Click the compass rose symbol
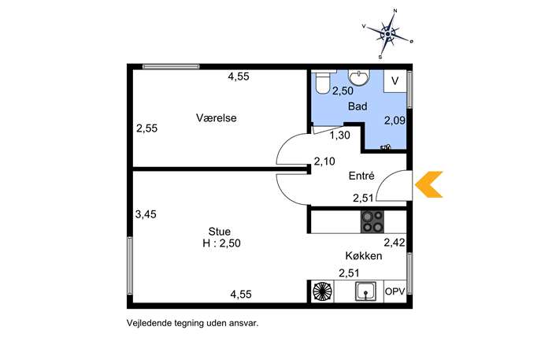387,34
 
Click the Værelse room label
217,117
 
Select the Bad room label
358,106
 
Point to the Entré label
361,176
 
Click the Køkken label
364,256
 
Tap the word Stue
220,232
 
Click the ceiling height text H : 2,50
221,243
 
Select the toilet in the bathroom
323,82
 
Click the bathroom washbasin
359,76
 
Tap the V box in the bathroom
395,81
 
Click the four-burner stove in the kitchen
372,221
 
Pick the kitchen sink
365,291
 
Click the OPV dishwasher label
395,291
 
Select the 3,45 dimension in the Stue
146,214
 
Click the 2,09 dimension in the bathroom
395,121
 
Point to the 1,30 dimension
340,135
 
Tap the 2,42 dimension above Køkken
395,243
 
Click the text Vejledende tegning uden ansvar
192,324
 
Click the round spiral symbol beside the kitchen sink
323,291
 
